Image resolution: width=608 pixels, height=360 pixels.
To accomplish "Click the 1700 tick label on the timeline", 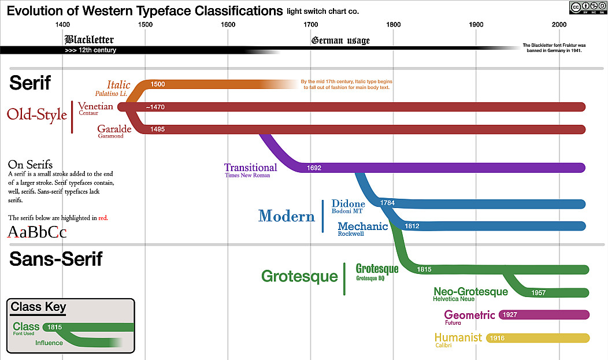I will pos(310,24).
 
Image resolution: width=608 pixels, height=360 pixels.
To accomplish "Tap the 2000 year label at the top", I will pos(559,24).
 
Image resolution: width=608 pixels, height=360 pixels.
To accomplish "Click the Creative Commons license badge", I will pos(587,7).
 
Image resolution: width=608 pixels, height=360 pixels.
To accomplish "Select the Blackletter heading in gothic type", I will pos(89,40).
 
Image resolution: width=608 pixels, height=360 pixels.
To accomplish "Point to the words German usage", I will pos(340,40).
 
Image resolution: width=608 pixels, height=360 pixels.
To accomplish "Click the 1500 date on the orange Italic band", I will pos(157,84).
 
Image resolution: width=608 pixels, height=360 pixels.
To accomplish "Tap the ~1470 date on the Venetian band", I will pos(155,107).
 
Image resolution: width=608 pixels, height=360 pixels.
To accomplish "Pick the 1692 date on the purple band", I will pos(314,168).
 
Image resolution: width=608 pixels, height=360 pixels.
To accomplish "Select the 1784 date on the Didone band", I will pos(388,203).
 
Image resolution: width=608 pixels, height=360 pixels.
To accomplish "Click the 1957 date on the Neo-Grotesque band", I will pos(538,293).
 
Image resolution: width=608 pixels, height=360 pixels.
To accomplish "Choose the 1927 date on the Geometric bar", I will pos(510,315).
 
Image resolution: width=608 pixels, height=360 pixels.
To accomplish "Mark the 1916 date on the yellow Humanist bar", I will pos(497,338).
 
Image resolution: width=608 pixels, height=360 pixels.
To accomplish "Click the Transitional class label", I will pos(251,168).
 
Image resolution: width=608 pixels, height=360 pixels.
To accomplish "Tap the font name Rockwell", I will pos(351,234).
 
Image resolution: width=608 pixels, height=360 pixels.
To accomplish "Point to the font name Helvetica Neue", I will pos(454,299).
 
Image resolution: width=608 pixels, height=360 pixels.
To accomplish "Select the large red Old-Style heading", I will pos(37,115).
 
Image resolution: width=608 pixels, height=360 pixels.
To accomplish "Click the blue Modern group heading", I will pos(287,216).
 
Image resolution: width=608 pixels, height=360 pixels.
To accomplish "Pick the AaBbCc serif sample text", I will pos(38,232).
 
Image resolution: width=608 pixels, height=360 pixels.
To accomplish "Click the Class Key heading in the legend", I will pos(39,307).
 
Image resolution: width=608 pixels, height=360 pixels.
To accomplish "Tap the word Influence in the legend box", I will pos(49,343).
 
